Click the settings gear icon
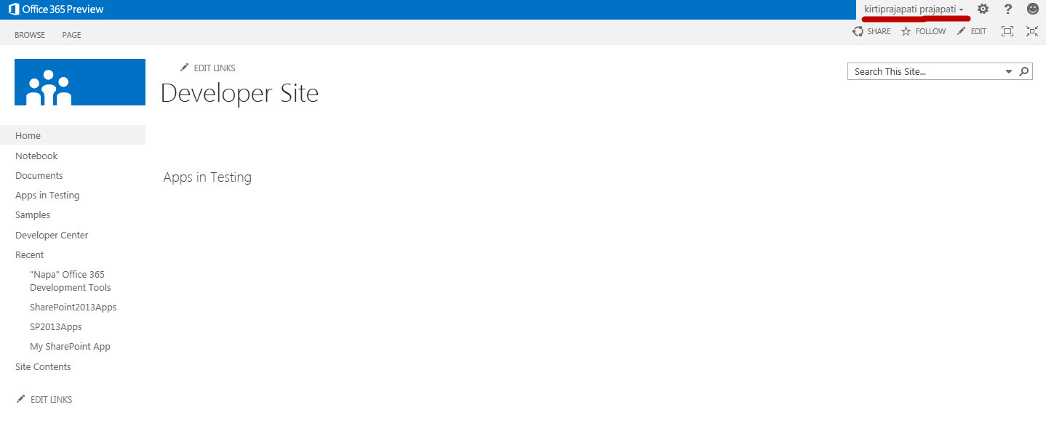click(983, 9)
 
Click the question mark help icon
click(1007, 9)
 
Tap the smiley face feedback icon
click(1032, 9)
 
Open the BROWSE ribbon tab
click(30, 35)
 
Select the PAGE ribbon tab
click(71, 35)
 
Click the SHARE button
click(871, 31)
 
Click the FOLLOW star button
click(923, 31)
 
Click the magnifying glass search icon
click(1023, 71)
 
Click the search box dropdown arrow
click(1009, 71)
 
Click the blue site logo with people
click(80, 82)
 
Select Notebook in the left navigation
click(36, 156)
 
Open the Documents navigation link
click(39, 175)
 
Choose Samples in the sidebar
click(33, 214)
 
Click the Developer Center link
click(52, 235)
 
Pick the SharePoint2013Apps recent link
click(73, 307)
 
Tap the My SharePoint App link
click(70, 346)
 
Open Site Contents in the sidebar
click(43, 366)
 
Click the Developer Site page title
click(239, 93)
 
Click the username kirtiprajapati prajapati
click(910, 9)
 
